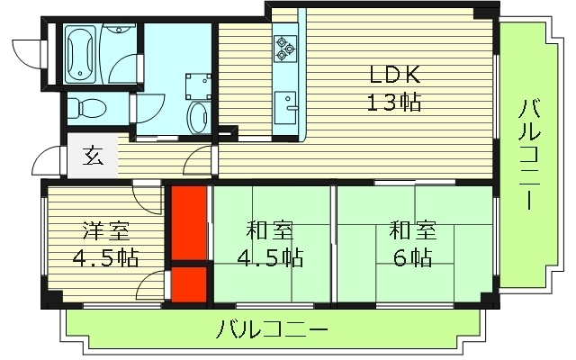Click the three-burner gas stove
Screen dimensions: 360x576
pos(286,46)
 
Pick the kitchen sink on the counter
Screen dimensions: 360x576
pos(290,109)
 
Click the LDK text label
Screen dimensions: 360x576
pos(393,73)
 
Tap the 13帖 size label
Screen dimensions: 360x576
pos(393,101)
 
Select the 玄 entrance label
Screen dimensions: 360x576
pos(93,157)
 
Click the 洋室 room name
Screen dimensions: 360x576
pos(106,230)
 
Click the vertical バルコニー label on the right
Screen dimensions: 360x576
pos(529,154)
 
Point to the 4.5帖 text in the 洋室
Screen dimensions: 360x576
pos(106,258)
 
